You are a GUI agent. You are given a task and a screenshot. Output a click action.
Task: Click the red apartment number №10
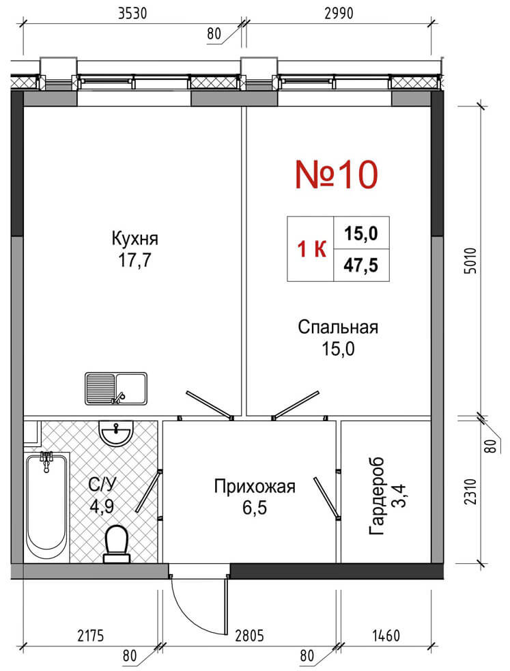click(337, 175)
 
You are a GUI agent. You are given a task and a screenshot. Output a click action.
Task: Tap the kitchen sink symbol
click(116, 388)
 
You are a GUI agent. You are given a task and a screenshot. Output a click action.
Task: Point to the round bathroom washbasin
click(115, 433)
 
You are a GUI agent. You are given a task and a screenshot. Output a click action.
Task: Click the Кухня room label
click(134, 239)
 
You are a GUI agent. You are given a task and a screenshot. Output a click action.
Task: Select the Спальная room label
click(338, 328)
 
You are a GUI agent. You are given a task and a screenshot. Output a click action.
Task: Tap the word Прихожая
click(255, 487)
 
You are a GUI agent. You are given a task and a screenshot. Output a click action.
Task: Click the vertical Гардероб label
click(377, 496)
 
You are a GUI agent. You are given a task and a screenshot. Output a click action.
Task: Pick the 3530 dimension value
click(132, 14)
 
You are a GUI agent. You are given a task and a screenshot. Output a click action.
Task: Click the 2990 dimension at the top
click(339, 14)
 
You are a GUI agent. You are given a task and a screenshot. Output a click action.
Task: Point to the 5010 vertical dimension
click(470, 260)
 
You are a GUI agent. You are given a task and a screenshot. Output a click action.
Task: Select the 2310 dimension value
click(470, 491)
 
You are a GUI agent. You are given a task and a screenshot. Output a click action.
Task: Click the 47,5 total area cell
click(361, 266)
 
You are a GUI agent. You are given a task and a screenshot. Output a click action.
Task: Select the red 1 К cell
click(311, 249)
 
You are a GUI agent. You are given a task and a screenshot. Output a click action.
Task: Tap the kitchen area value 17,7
click(134, 260)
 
